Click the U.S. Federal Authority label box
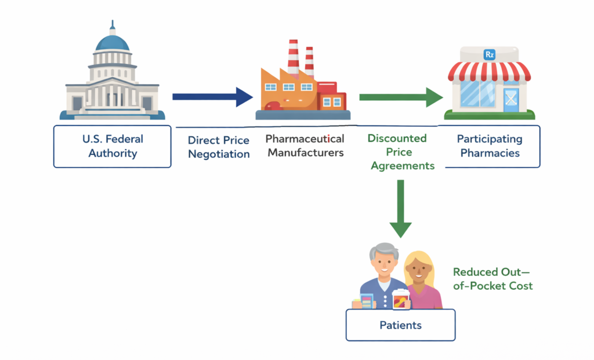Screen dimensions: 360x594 coord(112,146)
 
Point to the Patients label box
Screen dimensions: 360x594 coord(400,325)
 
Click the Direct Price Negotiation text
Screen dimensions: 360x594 coord(219,147)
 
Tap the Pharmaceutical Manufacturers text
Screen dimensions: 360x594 coord(305,146)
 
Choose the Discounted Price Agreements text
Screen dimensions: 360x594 coord(400,152)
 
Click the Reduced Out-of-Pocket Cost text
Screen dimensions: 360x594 coord(492,279)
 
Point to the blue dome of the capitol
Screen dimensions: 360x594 coord(113,41)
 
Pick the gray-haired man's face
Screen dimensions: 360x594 coord(382,264)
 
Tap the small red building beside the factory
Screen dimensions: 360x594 coord(331,96)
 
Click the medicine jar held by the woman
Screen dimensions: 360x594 coord(400,300)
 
